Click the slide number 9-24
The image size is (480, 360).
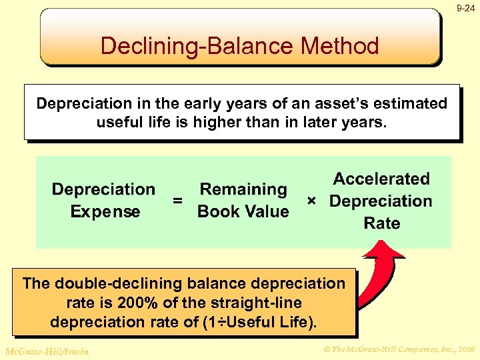[466, 9]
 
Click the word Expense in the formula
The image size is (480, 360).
[105, 212]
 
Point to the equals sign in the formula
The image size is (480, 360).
[177, 200]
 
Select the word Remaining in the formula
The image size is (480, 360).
[243, 189]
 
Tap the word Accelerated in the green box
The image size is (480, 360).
[381, 179]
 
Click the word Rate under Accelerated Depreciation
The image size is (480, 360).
[381, 223]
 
